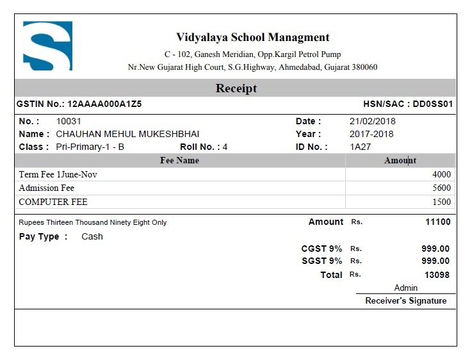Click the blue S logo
coord(47,45)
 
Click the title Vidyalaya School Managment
coord(252,37)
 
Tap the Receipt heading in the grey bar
coord(236,88)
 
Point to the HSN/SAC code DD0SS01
coord(433,104)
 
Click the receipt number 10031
coord(69,121)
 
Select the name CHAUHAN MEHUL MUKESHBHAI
coord(127,134)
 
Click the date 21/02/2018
coord(372,121)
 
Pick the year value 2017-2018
coord(371,134)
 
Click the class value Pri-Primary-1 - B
coord(90,147)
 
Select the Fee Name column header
coord(179,160)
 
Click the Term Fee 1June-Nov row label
coord(58,174)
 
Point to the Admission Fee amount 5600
coord(441,188)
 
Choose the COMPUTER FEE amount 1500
coord(441,202)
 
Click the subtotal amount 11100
coord(437,222)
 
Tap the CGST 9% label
coord(321,249)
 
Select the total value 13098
coord(437,275)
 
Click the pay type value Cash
coord(92,236)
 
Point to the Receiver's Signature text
coord(405,300)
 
